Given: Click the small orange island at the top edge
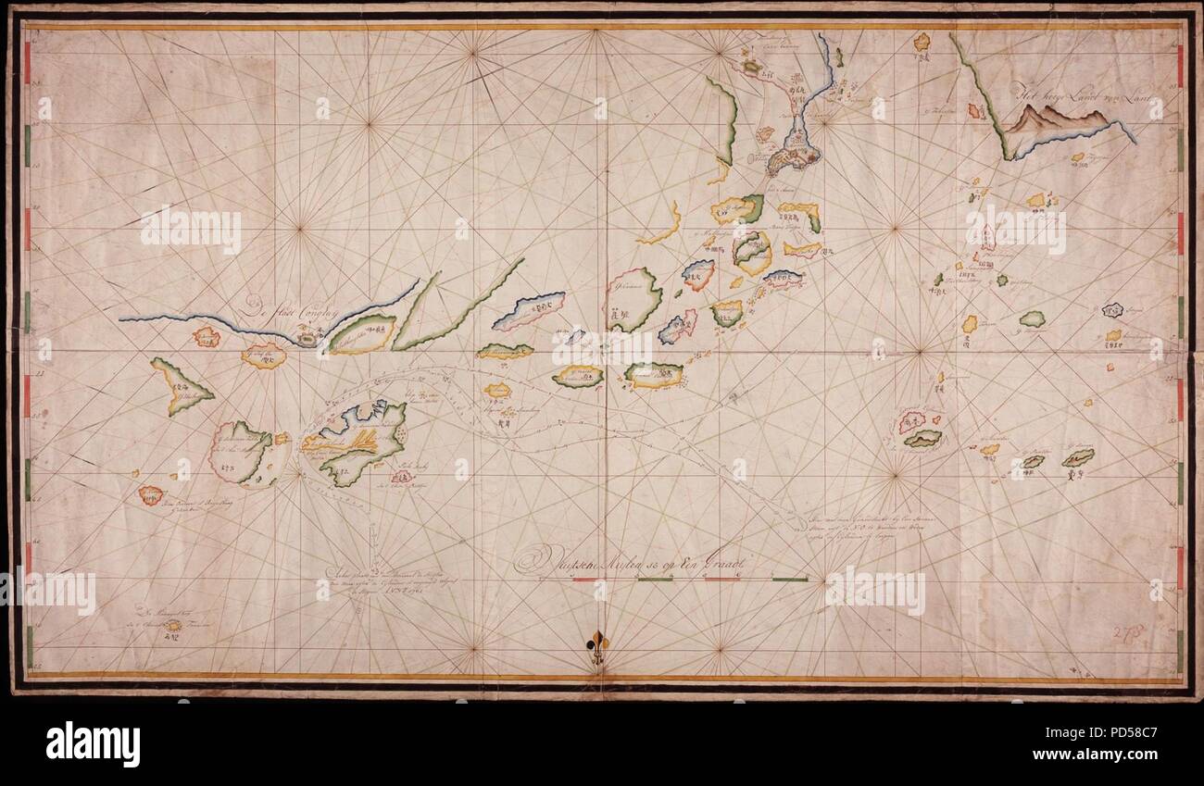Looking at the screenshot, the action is tap(921, 42).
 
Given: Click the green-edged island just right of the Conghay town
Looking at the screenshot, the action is tap(362, 334).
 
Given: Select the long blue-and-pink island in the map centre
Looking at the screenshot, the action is tap(528, 310).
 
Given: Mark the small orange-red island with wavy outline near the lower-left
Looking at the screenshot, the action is tap(151, 495).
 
